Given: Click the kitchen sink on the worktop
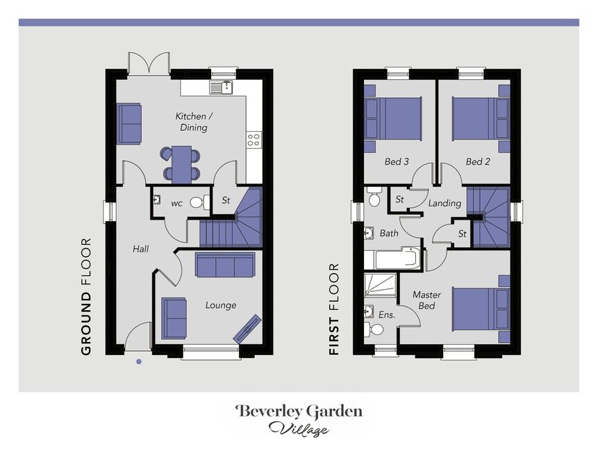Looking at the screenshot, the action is point(221,88).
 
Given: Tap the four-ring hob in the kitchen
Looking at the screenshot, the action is point(254,140).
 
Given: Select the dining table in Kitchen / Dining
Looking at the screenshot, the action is point(181,165).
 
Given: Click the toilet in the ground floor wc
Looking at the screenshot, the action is point(199,202).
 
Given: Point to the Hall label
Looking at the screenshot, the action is point(141,250).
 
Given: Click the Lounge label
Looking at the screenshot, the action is point(221,305).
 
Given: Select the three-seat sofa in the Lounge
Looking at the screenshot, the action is point(224,264).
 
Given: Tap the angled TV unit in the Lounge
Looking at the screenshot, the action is point(247,328).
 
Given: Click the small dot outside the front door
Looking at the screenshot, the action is point(139,361).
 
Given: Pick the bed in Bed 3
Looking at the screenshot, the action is point(393,119).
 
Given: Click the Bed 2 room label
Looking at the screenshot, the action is point(478,161).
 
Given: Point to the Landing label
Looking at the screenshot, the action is point(445,203).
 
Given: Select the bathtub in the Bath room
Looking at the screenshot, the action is point(392,259).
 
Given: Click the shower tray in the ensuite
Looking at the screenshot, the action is point(380,284).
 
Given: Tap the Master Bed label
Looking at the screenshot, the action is point(426,300).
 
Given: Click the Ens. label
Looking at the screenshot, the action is point(387,315).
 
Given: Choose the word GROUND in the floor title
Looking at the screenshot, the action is point(87,324).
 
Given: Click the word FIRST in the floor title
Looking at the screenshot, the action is point(334,336).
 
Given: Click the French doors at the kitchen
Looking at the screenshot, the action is point(149,63).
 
